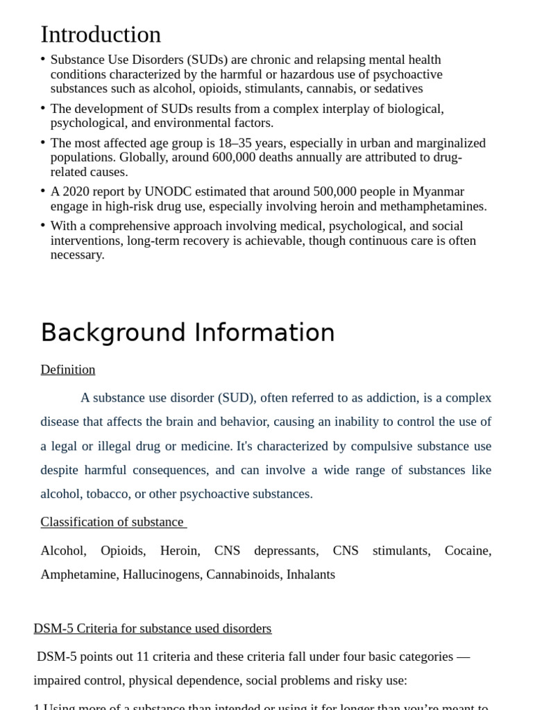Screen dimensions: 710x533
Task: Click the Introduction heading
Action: (101, 35)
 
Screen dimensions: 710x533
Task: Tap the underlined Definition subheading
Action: (68, 370)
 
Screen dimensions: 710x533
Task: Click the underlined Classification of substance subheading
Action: (112, 522)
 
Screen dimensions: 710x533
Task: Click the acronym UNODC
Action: (176, 191)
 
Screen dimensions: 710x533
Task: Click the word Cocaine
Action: (467, 551)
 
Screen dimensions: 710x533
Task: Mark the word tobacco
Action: (108, 494)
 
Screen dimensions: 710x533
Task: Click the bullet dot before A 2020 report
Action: (43, 191)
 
